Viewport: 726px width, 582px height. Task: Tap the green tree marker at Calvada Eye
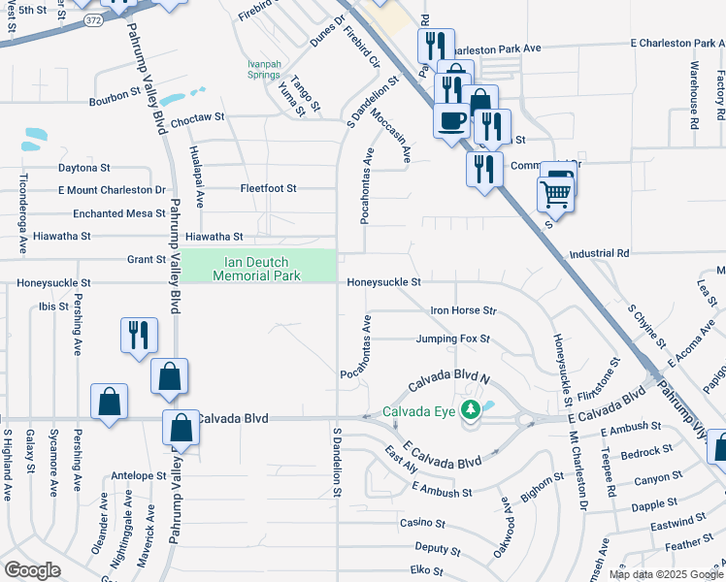472,410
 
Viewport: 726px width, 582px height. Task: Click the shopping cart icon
554,194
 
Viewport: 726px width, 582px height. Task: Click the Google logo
31,570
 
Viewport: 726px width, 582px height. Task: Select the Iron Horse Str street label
464,311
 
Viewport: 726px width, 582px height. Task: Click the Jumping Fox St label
452,339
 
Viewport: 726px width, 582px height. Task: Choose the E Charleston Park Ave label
676,44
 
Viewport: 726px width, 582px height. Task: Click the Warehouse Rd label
694,95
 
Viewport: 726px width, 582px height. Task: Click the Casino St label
422,523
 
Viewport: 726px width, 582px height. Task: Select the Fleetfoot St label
268,188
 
